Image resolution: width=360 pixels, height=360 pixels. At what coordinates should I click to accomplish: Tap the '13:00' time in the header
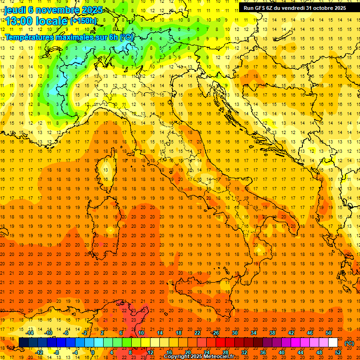[19, 21]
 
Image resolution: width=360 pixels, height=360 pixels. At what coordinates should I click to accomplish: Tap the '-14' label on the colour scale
[30, 333]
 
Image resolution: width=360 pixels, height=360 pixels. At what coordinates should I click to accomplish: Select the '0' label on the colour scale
[92, 352]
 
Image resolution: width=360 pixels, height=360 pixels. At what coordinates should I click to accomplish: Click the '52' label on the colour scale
[338, 352]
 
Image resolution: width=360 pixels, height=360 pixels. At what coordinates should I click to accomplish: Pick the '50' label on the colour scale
[329, 333]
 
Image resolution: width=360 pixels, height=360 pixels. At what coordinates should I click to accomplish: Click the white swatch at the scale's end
[333, 343]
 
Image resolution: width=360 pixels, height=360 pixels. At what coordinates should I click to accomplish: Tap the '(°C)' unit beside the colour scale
[349, 343]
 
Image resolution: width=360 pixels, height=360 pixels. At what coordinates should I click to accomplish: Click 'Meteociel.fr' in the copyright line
[221, 357]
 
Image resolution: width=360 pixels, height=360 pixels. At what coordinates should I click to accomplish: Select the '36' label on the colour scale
[262, 352]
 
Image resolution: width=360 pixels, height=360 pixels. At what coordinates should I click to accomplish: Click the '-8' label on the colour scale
[57, 352]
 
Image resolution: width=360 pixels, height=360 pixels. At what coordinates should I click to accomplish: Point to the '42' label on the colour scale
[291, 333]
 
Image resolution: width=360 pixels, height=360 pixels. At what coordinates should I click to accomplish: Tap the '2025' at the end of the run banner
[339, 8]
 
